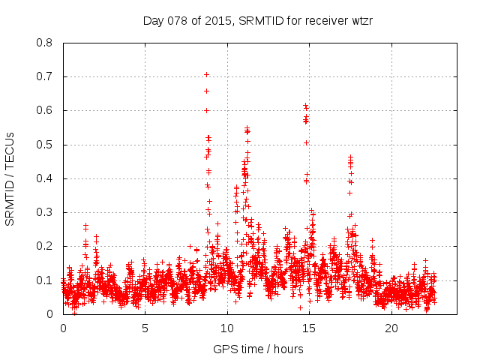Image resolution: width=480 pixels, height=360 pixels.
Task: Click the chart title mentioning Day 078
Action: pyautogui.click(x=258, y=21)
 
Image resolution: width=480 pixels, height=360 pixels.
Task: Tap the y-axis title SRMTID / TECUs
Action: pyautogui.click(x=10, y=178)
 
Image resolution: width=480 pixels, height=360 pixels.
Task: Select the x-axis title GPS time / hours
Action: pyautogui.click(x=258, y=349)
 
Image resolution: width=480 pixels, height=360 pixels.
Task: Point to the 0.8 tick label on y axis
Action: pyautogui.click(x=45, y=43)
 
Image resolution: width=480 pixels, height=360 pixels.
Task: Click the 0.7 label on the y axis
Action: pyautogui.click(x=45, y=76)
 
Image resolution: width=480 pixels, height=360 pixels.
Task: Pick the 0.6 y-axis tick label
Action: pyautogui.click(x=45, y=110)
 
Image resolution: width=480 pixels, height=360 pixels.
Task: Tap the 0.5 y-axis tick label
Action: pyautogui.click(x=45, y=145)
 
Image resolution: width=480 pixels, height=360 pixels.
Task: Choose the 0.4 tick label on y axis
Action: pyautogui.click(x=45, y=178)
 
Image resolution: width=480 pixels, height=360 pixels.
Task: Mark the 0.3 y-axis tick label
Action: pyautogui.click(x=45, y=212)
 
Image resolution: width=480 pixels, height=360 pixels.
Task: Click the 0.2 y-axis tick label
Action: pyautogui.click(x=45, y=246)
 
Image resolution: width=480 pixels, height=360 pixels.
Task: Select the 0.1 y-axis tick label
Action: pyautogui.click(x=45, y=280)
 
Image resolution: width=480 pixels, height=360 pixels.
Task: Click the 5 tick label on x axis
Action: pyautogui.click(x=145, y=328)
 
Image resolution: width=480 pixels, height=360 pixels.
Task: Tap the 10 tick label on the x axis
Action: pyautogui.click(x=227, y=328)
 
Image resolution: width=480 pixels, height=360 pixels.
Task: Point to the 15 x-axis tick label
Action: pyautogui.click(x=309, y=328)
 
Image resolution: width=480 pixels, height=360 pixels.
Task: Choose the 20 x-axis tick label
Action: pyautogui.click(x=391, y=328)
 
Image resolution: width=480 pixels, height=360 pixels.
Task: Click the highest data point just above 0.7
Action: pyautogui.click(x=206, y=74)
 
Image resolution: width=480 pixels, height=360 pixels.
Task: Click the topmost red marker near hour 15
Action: pyautogui.click(x=305, y=106)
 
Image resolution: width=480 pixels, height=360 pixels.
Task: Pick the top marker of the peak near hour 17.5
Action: pyautogui.click(x=350, y=157)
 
